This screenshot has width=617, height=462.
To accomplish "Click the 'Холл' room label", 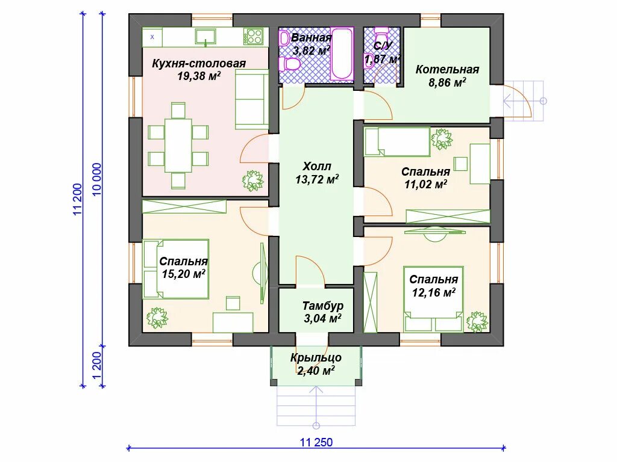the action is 317,166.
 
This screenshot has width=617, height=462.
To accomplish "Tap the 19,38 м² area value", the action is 199,76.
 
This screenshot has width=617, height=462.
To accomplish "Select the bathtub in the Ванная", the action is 342,54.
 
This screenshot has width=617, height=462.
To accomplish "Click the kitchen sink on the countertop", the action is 205,37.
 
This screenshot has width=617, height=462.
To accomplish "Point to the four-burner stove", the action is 254,36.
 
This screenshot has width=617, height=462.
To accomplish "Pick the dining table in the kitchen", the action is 178,145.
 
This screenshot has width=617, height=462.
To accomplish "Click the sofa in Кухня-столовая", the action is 252,99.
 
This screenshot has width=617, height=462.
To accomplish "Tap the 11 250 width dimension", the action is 316,442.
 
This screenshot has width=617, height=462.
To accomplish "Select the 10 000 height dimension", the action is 97,179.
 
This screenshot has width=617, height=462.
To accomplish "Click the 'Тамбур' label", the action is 323,306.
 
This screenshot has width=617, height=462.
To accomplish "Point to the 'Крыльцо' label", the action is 316,357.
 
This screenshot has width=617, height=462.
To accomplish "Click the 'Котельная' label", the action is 448,70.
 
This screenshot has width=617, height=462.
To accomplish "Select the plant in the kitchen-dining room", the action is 252,181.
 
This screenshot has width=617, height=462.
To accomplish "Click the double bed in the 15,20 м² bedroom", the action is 176,269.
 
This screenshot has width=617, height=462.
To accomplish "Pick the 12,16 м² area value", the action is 434,292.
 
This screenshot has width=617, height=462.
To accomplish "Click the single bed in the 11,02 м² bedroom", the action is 397,141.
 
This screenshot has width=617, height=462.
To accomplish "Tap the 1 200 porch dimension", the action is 97,365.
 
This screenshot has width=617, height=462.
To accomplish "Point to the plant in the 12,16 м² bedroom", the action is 477,322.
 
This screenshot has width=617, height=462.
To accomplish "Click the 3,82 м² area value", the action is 311,51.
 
